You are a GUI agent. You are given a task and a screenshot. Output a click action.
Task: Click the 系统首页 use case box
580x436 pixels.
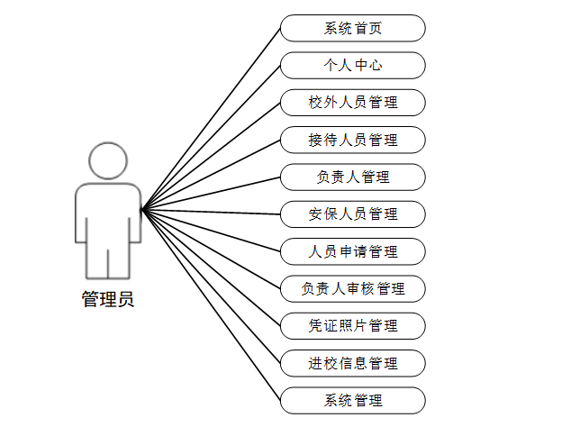[x=352, y=28]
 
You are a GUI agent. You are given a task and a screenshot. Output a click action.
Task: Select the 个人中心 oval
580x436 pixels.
[x=352, y=66]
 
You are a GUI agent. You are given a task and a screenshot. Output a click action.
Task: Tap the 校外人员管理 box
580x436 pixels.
[x=352, y=103]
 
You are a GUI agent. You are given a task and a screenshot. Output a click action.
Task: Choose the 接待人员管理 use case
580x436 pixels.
[x=352, y=140]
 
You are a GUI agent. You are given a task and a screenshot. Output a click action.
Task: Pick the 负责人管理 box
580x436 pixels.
[x=352, y=177]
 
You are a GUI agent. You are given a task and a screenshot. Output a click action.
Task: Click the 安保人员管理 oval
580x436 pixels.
[x=352, y=214]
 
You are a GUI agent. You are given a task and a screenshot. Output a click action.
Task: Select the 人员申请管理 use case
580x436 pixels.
[x=352, y=251]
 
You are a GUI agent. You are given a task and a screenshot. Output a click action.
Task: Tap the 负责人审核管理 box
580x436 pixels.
[x=352, y=289]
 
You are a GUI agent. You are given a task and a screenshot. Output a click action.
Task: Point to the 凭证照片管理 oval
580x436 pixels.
[x=352, y=326]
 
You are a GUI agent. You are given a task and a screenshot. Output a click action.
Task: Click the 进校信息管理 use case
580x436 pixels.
[x=352, y=363]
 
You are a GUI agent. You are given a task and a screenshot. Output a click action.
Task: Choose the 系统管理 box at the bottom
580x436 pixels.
[x=352, y=401]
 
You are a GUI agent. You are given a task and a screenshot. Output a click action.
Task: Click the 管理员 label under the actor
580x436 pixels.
[x=108, y=300]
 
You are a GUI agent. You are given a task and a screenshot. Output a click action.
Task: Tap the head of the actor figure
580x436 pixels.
[x=108, y=161]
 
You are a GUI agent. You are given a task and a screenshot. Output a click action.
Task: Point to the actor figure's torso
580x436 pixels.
[x=108, y=212]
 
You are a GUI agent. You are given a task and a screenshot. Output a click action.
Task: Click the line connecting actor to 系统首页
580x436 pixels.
[x=211, y=120]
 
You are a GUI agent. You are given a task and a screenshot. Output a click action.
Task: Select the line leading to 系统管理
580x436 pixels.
[x=211, y=305]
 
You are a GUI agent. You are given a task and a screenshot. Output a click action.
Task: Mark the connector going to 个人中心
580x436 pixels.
[x=211, y=139]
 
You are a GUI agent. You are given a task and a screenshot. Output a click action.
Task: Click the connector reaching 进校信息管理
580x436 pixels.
[x=211, y=286]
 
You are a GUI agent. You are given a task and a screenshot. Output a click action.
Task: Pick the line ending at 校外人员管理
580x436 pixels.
[x=211, y=157]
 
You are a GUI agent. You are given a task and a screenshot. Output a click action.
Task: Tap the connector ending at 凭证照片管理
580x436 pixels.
[x=211, y=268]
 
